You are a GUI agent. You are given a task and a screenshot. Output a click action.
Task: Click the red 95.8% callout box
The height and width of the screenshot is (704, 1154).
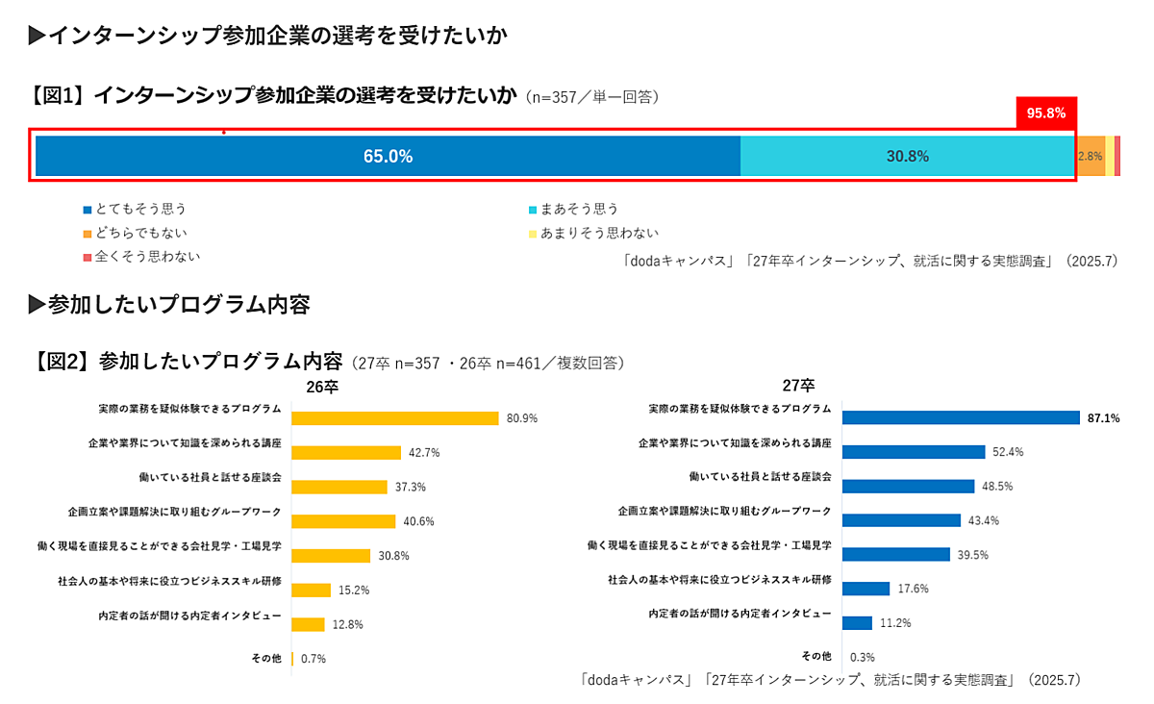[x=1045, y=113]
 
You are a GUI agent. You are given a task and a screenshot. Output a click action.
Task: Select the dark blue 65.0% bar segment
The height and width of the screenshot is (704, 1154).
[x=388, y=156]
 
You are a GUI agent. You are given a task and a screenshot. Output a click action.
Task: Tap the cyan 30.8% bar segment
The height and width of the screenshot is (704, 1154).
[x=907, y=156]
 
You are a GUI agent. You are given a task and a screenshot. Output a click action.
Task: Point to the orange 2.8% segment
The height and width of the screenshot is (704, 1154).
[x=1090, y=156]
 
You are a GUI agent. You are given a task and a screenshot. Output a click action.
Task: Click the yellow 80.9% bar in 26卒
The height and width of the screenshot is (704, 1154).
[x=394, y=418]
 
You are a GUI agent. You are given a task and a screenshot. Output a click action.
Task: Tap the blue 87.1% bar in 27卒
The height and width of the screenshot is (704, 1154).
[x=961, y=417]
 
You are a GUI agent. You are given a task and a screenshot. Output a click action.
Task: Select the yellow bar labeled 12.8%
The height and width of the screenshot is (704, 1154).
[x=308, y=624]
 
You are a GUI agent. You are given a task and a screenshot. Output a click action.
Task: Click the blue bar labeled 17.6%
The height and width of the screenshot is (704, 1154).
[x=865, y=589]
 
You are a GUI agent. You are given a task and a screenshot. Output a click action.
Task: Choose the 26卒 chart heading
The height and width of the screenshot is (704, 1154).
[x=322, y=388]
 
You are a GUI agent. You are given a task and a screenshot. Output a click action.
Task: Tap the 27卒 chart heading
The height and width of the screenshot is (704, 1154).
[x=797, y=387]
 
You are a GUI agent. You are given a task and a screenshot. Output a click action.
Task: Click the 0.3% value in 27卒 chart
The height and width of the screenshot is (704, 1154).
[x=863, y=658]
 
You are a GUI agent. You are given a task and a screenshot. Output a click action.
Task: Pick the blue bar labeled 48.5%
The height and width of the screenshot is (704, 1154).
[x=908, y=486]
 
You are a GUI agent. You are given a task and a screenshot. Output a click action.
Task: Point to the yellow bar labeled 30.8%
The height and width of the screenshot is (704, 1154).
[x=330, y=556]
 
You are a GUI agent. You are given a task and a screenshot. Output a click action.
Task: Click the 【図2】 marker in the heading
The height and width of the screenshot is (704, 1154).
[x=62, y=362]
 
